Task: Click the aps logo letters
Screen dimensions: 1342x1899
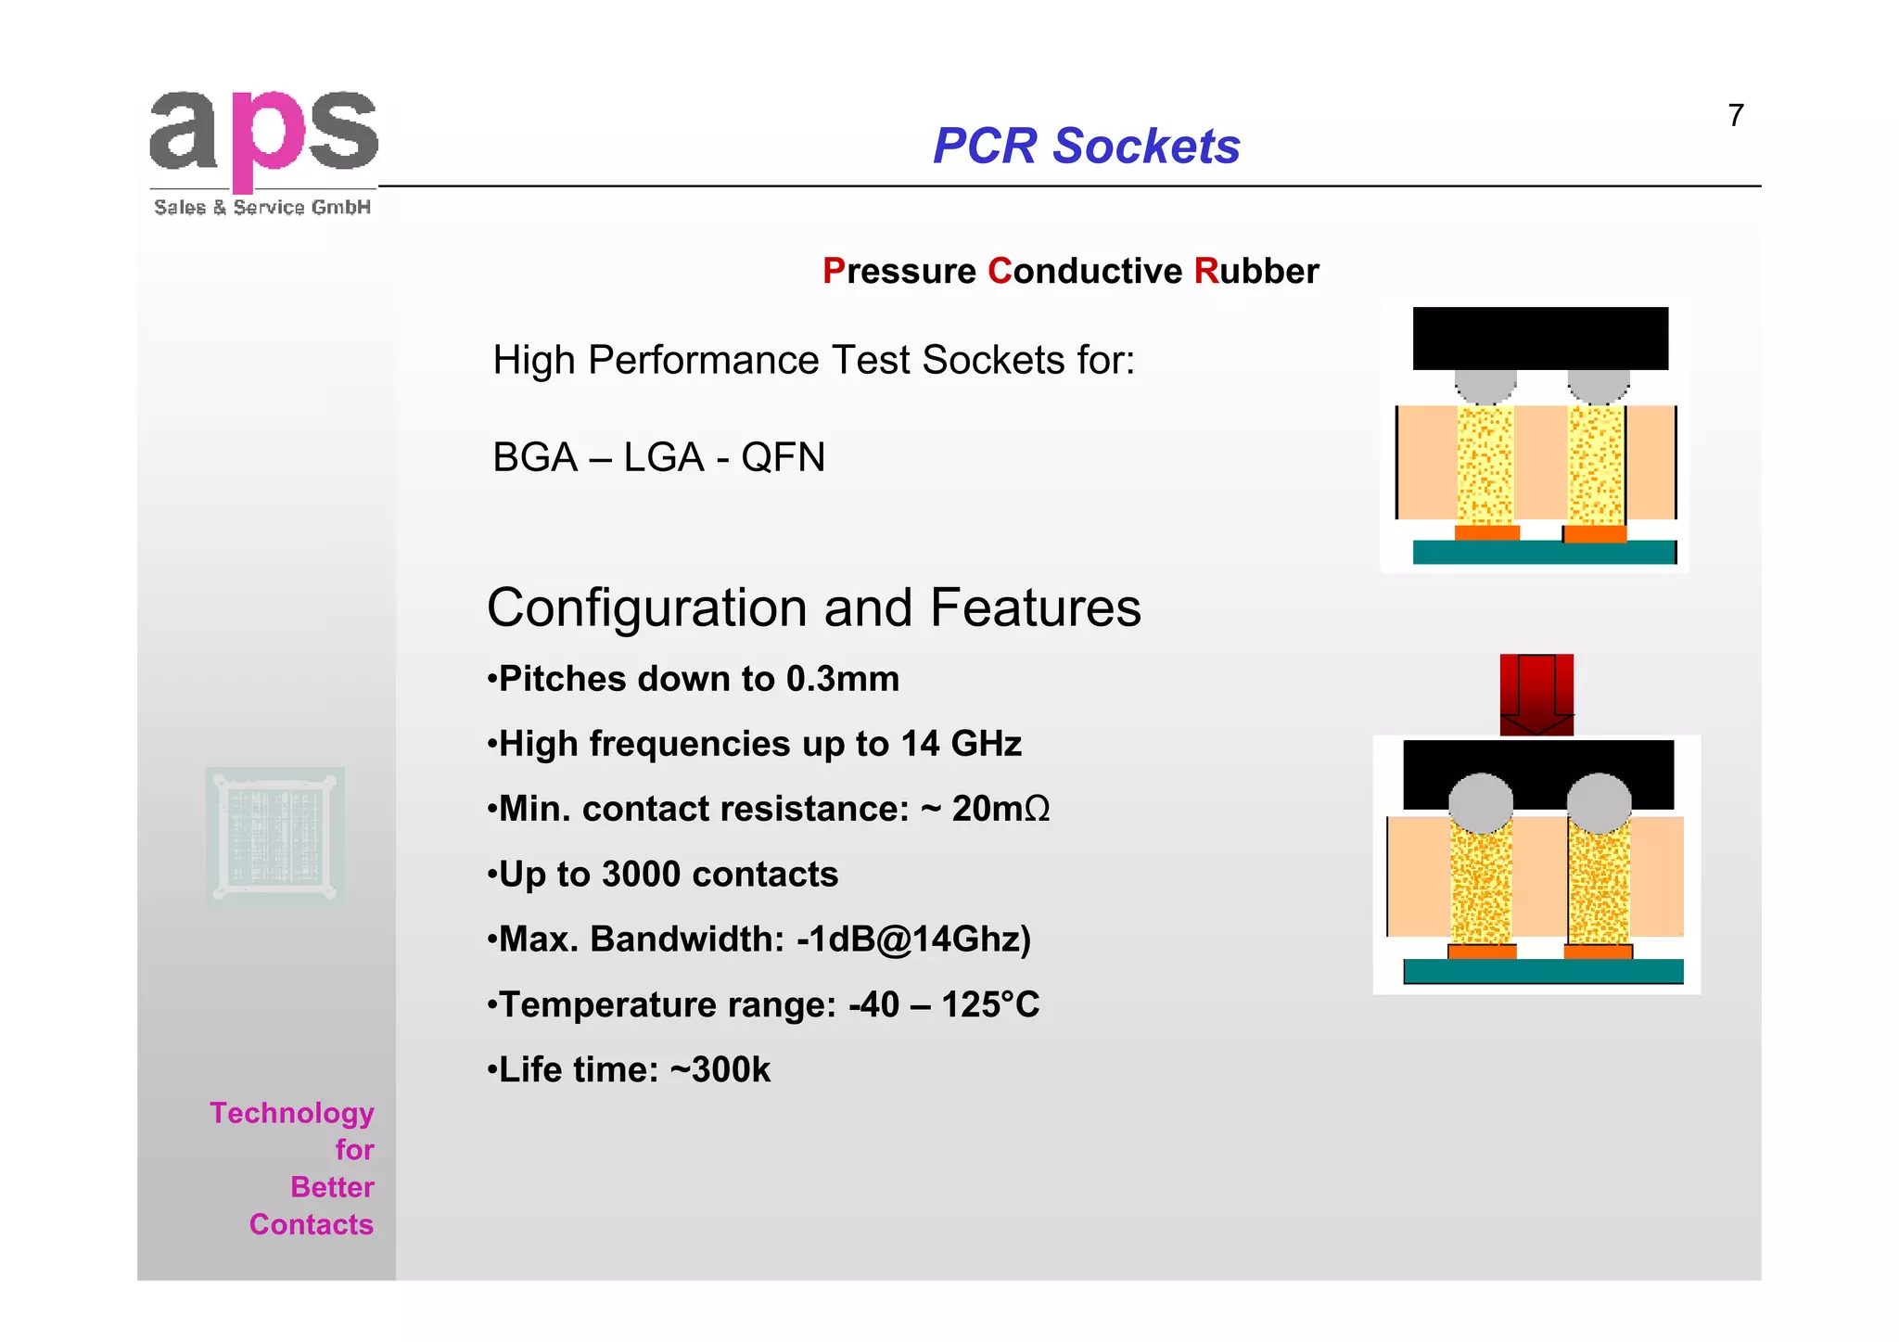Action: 263,134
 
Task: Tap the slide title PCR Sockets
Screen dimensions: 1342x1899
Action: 1086,147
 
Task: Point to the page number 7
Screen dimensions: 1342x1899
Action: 1736,116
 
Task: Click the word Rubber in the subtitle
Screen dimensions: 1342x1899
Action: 1256,272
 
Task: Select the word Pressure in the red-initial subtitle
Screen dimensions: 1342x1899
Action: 899,272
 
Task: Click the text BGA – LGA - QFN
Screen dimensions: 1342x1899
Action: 658,457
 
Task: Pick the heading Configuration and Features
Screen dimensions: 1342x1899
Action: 813,608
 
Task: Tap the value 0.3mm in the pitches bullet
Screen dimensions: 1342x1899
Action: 842,679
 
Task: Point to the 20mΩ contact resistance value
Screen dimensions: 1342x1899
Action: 1000,809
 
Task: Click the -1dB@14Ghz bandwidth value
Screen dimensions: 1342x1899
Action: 913,939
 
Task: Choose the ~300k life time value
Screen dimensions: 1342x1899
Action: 720,1070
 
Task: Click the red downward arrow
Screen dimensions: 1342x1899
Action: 1536,694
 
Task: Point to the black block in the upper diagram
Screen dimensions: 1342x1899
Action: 1539,339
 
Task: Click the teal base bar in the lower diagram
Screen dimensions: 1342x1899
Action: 1543,971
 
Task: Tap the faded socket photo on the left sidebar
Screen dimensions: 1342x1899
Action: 275,836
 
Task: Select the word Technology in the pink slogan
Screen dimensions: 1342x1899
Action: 291,1113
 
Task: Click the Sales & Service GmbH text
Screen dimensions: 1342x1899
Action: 262,208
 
